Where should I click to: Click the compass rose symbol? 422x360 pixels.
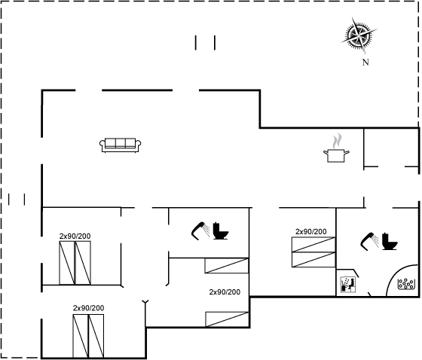[x=359, y=35]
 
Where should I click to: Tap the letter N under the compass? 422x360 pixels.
[x=365, y=63]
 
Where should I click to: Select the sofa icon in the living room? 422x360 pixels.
[x=121, y=145]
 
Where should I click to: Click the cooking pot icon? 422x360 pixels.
[x=336, y=156]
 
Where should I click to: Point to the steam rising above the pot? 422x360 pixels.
[x=336, y=141]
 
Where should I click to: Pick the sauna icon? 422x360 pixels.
[x=348, y=285]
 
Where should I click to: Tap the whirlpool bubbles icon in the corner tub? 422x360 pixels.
[x=406, y=284]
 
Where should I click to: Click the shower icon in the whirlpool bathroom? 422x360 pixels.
[x=370, y=241]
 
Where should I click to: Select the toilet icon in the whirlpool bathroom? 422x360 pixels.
[x=390, y=241]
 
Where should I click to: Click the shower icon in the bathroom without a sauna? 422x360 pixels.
[x=200, y=231]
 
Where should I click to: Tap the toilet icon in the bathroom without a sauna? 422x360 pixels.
[x=221, y=230]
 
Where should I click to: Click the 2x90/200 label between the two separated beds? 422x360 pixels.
[x=225, y=292]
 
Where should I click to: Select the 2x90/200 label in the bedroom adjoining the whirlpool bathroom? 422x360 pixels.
[x=310, y=231]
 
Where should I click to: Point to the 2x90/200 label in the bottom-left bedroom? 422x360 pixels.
[x=89, y=308]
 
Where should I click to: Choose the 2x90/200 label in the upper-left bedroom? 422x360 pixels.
[x=75, y=236]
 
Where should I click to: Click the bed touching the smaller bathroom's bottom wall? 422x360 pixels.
[x=227, y=266]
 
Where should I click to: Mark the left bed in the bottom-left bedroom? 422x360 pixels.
[x=81, y=336]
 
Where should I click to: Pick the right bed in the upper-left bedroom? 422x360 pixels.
[x=83, y=263]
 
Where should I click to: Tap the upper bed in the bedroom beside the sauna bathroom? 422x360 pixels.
[x=313, y=245]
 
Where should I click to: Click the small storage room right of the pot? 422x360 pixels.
[x=391, y=148]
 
